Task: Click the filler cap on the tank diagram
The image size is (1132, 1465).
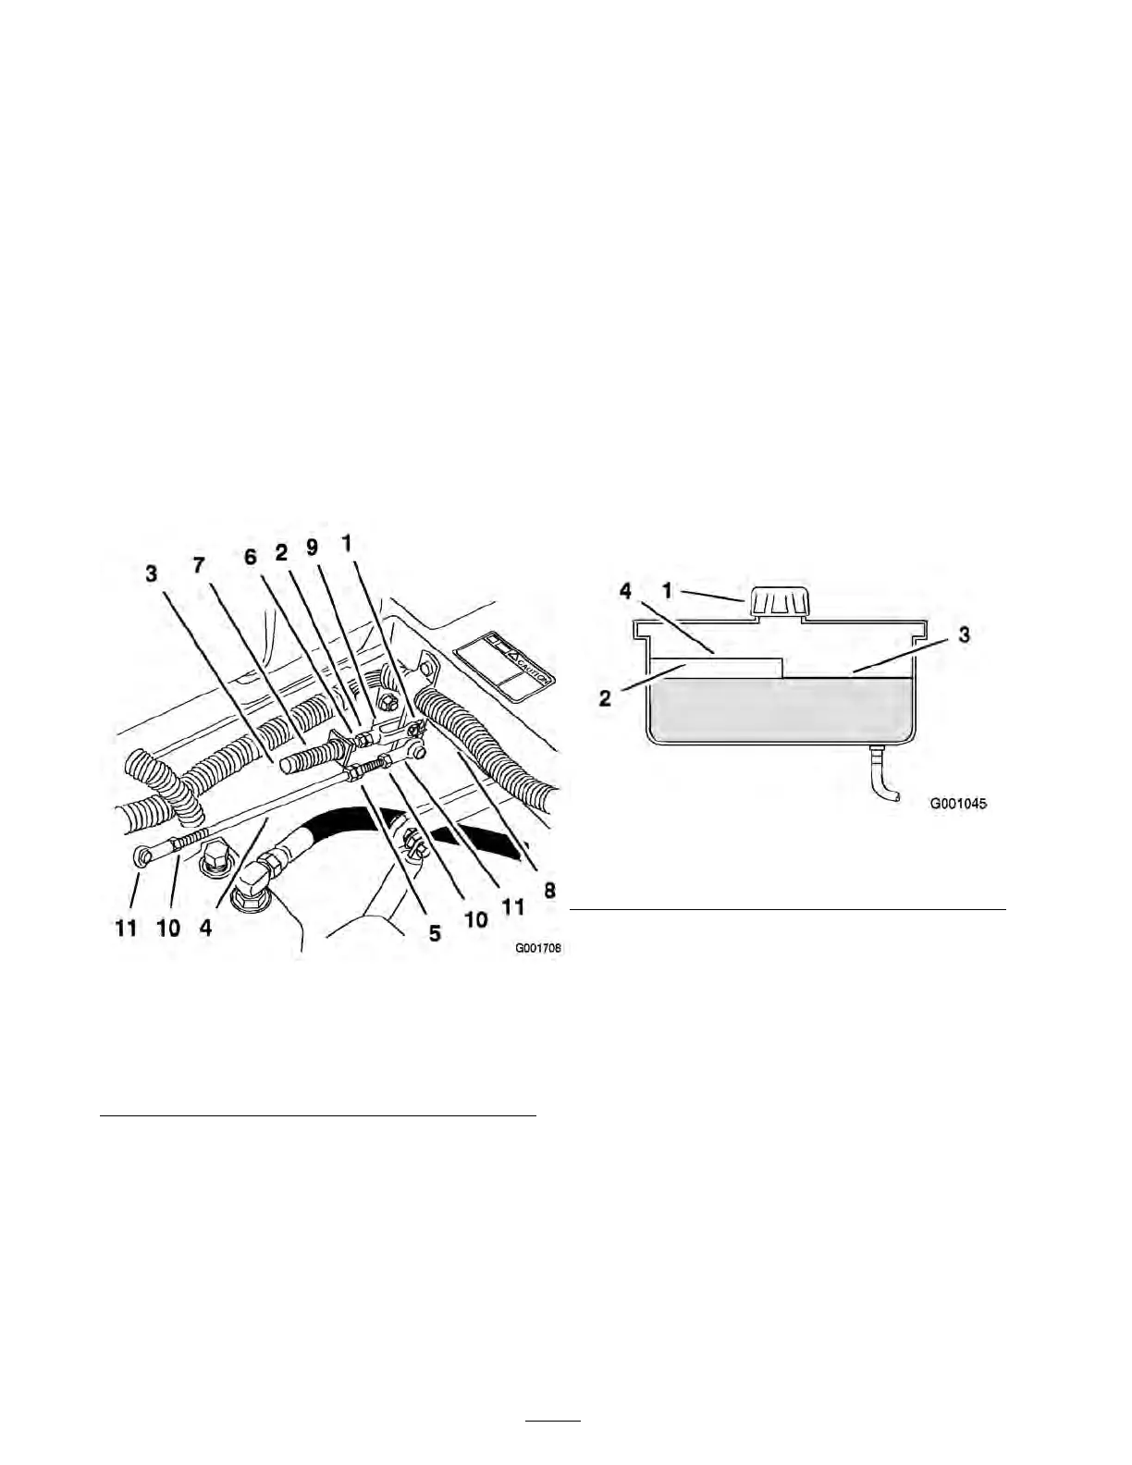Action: [779, 602]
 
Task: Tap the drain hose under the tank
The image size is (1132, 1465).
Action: [882, 776]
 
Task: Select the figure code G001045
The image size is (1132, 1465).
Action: [959, 804]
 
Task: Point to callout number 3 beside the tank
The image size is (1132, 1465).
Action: [964, 636]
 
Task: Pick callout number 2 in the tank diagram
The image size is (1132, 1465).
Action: [606, 697]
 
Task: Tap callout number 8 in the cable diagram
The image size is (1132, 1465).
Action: [549, 892]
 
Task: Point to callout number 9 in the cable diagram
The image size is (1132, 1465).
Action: [314, 548]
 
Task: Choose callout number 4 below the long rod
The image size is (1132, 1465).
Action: [205, 927]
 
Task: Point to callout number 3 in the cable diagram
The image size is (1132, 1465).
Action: [151, 573]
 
